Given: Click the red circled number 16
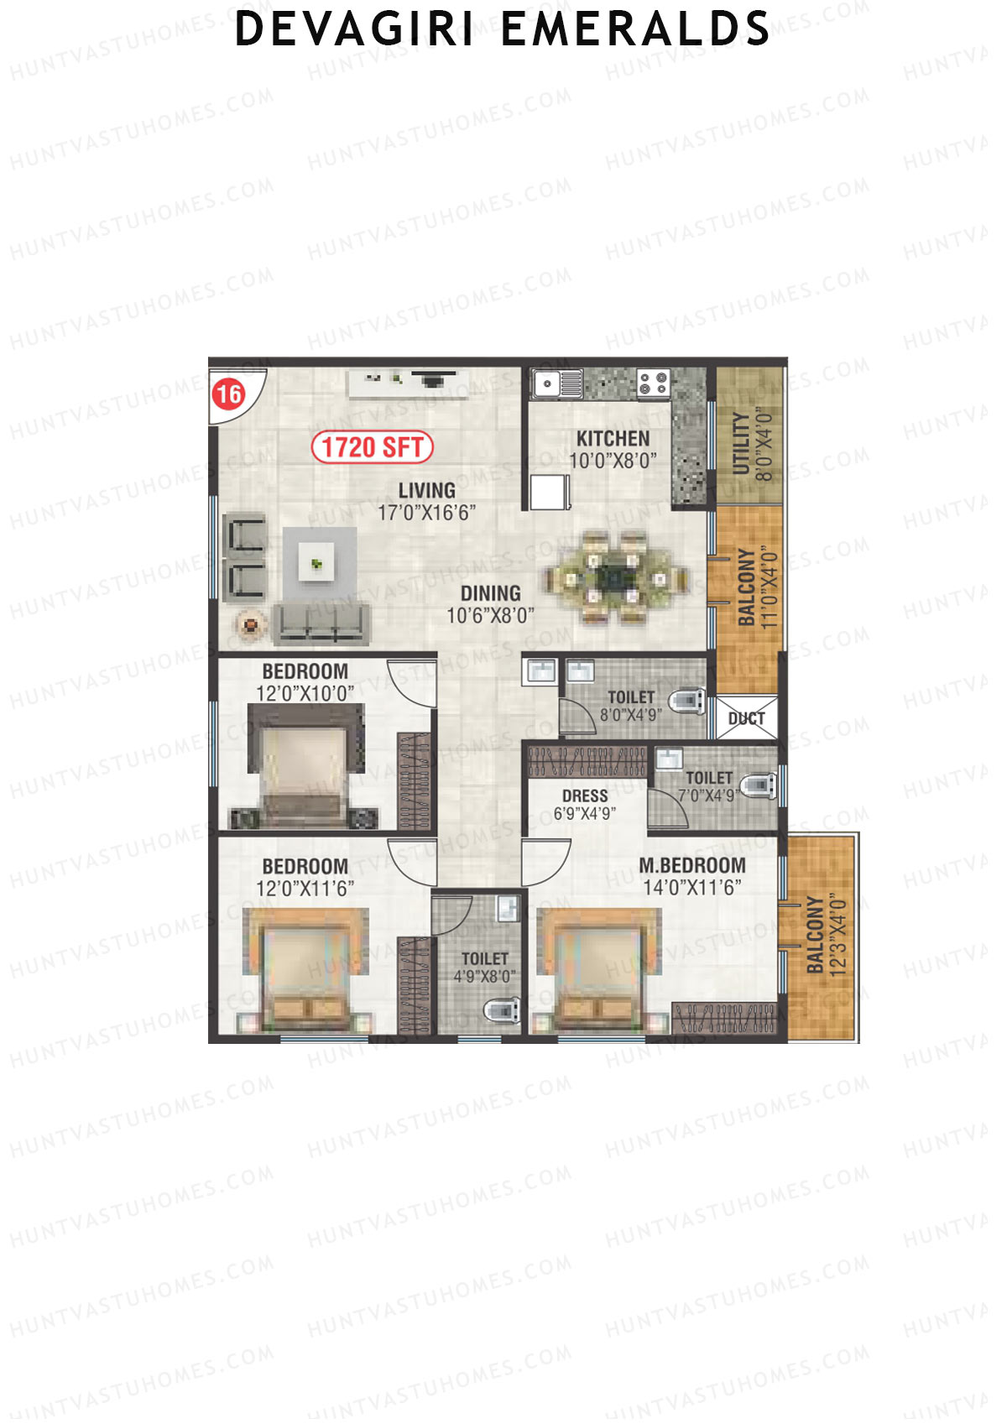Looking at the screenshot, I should pos(229,394).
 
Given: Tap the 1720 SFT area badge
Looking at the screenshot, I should pos(372,447).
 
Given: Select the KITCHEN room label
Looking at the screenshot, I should pos(613,438).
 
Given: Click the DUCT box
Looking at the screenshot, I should pos(746,718).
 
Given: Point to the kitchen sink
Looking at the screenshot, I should pos(556,383).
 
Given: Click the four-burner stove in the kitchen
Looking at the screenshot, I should pos(653,383).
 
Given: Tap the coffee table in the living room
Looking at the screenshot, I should pos(316,564).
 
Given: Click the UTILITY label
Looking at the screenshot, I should pos(742,444).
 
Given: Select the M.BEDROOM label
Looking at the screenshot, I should pos(691,866).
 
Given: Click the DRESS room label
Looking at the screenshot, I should pos(585,795).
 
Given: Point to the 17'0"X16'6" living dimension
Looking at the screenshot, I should pos(426,513).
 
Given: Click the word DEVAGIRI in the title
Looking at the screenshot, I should pos(354,29).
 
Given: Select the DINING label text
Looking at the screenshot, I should pos(490,593).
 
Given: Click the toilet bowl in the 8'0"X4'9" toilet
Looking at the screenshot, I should pos(687,700).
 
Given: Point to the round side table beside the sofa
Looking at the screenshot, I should pos(250,624).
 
